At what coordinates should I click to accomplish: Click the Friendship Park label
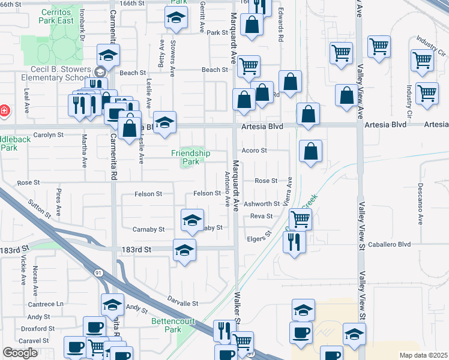pyautogui.click(x=190, y=157)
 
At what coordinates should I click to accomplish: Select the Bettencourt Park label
pyautogui.click(x=164, y=325)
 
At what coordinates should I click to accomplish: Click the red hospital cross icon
pyautogui.click(x=4, y=110)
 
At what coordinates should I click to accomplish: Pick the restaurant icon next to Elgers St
pyautogui.click(x=294, y=242)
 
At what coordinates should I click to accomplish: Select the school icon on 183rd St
pyautogui.click(x=184, y=250)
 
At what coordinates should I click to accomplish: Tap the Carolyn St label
pyautogui.click(x=49, y=135)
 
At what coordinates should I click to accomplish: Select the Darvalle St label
pyautogui.click(x=182, y=304)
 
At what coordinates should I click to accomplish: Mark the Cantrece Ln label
pyautogui.click(x=45, y=304)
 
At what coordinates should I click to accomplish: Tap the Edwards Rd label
pyautogui.click(x=280, y=28)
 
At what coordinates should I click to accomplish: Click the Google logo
pyautogui.click(x=20, y=353)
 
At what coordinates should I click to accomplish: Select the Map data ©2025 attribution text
pyautogui.click(x=424, y=355)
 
